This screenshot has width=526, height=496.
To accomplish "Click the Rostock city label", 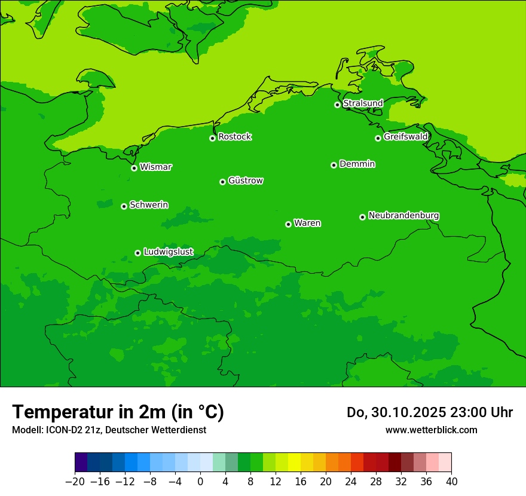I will (234, 137).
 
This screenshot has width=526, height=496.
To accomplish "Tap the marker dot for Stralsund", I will (337, 105).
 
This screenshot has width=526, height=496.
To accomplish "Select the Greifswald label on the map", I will (405, 137).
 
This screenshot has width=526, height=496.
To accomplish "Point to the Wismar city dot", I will (134, 168).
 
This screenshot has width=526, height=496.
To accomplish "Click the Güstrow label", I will (245, 180).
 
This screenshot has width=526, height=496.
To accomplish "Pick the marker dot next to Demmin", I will (334, 165).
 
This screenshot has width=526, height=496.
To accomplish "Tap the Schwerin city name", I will (149, 205).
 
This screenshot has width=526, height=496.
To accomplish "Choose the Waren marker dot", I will (288, 224).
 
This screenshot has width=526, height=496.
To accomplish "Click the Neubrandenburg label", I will (403, 215).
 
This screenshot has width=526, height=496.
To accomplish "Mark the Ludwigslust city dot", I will (137, 253).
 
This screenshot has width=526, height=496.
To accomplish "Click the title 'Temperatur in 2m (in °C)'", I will (118, 412).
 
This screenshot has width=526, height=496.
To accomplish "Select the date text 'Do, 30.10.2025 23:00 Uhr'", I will (429, 412).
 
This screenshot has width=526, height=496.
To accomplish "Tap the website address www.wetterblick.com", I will (431, 430).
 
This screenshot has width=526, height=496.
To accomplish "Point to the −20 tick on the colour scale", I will (75, 482).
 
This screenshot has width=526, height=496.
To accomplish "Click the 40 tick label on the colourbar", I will (451, 482).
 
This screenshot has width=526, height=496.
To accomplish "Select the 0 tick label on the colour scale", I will (200, 482).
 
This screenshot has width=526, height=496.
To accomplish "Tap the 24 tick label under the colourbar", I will (351, 482).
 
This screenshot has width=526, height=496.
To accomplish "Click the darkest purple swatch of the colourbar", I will (81, 463).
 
